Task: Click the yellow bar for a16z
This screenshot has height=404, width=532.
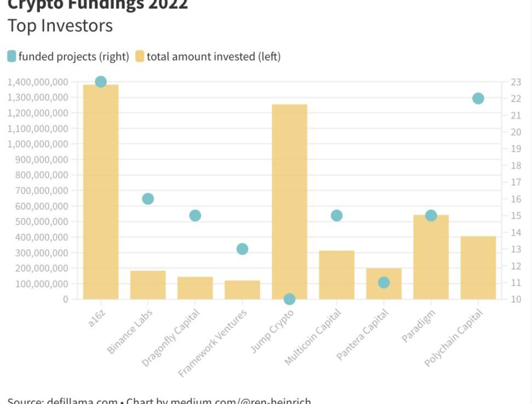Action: (101, 192)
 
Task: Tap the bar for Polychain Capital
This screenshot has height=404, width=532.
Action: (478, 268)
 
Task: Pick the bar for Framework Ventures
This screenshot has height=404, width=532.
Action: (242, 290)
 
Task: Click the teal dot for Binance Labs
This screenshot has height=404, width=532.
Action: (148, 199)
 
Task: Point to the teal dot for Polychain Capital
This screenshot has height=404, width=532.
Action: (478, 99)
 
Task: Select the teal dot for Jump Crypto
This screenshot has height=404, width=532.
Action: (290, 299)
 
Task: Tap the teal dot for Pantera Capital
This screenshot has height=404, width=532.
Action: (384, 282)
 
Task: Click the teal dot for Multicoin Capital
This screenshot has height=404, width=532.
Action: (337, 216)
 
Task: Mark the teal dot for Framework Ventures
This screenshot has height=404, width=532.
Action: (242, 249)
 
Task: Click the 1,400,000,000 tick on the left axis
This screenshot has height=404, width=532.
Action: (38, 82)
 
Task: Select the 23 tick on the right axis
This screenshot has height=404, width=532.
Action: (516, 82)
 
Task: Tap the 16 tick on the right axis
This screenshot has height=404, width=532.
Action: (516, 199)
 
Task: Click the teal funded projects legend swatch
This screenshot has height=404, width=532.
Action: (11, 56)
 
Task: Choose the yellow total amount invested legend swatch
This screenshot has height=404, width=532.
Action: (140, 56)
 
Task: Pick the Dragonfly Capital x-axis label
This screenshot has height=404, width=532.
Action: (171, 337)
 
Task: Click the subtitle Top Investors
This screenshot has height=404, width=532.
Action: (60, 26)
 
